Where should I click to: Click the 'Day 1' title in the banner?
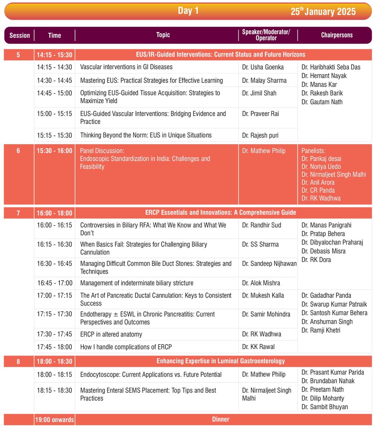point(188,11)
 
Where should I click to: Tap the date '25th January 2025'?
point(323,11)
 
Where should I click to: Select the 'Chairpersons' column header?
point(337,35)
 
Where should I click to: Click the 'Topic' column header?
point(163,35)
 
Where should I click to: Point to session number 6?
point(18,151)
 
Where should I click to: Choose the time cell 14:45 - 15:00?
point(54,93)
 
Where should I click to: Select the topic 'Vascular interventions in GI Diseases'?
point(126,67)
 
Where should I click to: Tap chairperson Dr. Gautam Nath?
point(322,102)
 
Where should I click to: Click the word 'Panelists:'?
point(314,151)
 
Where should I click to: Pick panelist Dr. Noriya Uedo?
point(321,166)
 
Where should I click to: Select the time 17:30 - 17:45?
point(54,334)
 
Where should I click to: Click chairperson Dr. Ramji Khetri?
point(322,330)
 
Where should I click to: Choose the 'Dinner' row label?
point(221,419)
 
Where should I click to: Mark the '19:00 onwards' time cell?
point(55,419)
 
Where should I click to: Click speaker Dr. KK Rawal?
point(258,347)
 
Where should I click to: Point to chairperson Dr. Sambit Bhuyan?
point(324,407)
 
